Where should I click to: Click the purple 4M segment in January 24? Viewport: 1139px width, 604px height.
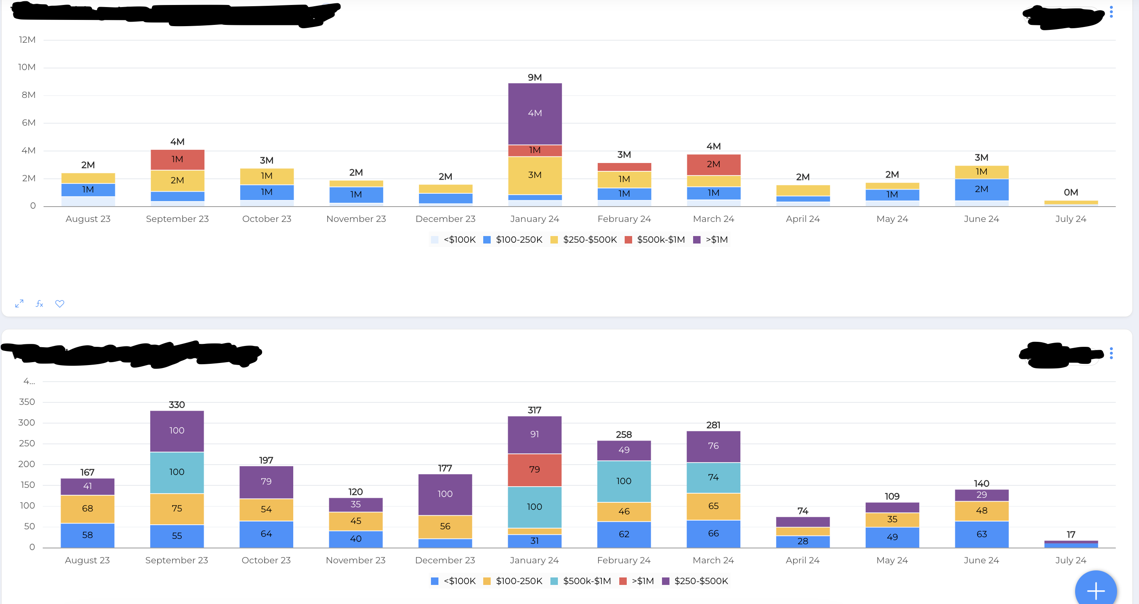point(535,113)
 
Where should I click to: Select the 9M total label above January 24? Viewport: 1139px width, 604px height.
point(535,78)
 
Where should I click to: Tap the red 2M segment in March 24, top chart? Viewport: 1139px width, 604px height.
point(713,164)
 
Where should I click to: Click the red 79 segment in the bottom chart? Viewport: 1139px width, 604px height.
point(534,469)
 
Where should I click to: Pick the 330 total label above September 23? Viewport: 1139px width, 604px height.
point(176,404)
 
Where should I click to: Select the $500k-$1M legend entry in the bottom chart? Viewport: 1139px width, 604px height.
point(581,581)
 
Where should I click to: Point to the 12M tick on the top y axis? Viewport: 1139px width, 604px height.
point(27,40)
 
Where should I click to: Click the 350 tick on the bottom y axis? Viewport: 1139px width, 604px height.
point(27,402)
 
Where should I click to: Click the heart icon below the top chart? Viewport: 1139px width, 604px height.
point(60,304)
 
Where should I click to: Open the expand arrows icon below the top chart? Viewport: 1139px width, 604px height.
point(19,304)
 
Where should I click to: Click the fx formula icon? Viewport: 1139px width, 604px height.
point(39,304)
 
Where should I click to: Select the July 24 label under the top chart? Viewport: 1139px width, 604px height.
point(1071,219)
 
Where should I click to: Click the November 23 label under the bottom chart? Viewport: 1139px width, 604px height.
point(355,560)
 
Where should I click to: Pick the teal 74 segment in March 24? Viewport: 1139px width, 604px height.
point(713,477)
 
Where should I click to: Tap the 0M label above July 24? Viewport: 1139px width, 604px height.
point(1071,192)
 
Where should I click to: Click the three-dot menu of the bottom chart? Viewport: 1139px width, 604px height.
point(1111,353)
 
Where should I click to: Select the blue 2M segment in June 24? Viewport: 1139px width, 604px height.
point(981,189)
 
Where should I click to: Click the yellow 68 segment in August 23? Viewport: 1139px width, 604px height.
point(87,509)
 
